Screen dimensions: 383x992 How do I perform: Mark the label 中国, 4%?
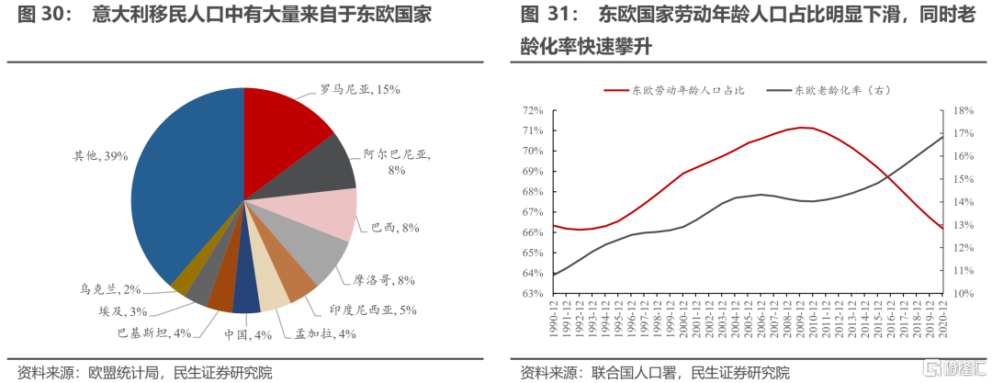(x=247, y=335)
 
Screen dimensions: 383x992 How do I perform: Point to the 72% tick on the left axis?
(x=532, y=110)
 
